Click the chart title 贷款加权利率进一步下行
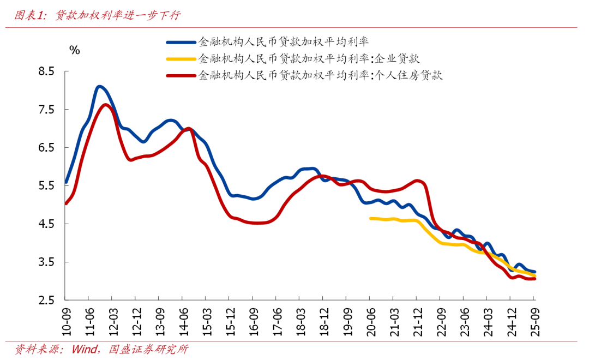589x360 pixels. [x=118, y=16]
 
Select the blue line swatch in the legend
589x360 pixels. [x=181, y=41]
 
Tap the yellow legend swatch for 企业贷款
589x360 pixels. [x=181, y=58]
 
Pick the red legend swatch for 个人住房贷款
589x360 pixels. [x=181, y=75]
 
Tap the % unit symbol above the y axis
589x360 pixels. [x=75, y=51]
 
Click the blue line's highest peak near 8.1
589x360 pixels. [x=99, y=87]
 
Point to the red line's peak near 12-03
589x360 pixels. [x=105, y=105]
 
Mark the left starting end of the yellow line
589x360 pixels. [x=371, y=218]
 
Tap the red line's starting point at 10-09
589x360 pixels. [x=66, y=203]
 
